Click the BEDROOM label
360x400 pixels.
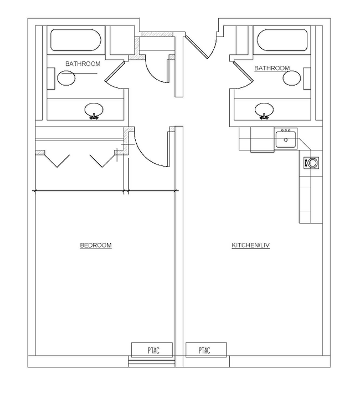pyautogui.click(x=96, y=245)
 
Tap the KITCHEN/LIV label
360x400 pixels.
pyautogui.click(x=250, y=245)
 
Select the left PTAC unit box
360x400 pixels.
pyautogui.click(x=152, y=350)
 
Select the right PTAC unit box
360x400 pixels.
pyautogui.click(x=205, y=350)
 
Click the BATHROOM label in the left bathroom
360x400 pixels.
pyautogui.click(x=83, y=64)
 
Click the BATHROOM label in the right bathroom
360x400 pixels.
pyautogui.click(x=271, y=68)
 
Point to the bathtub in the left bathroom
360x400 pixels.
pyautogui.click(x=75, y=40)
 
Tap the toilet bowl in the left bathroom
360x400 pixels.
pyautogui.click(x=66, y=78)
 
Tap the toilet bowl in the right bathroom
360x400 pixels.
pyautogui.click(x=292, y=78)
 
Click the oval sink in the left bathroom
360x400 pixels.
pyautogui.click(x=95, y=109)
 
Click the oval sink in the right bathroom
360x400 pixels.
pyautogui.click(x=265, y=109)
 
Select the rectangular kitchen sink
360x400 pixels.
pyautogui.click(x=286, y=139)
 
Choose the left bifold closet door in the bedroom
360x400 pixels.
pyautogui.click(x=56, y=160)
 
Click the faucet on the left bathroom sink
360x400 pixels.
pyautogui.click(x=95, y=116)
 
